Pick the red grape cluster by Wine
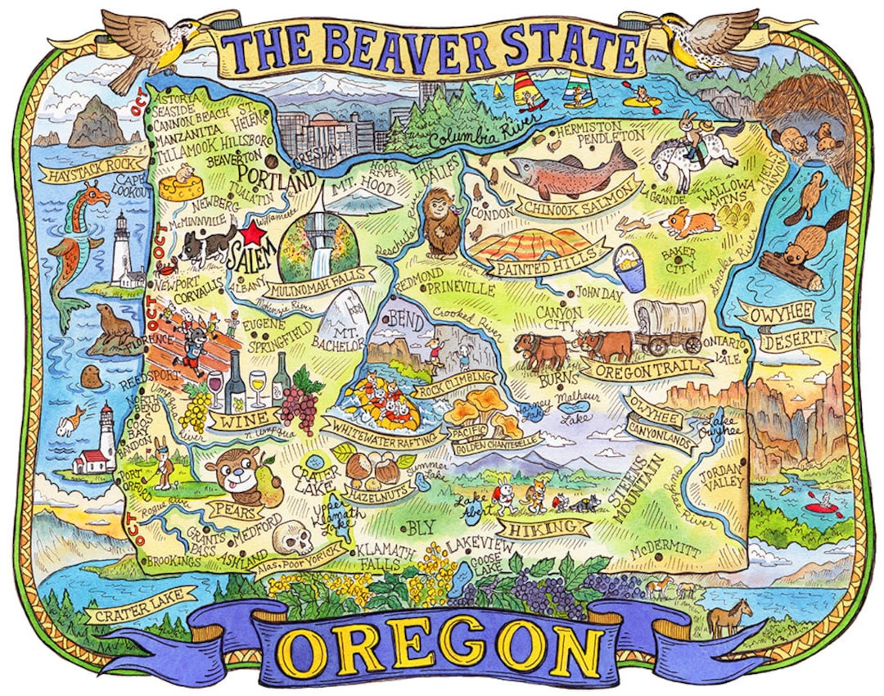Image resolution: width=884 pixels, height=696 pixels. click(302, 400)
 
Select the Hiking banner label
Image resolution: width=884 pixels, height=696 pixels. click(548, 528)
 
